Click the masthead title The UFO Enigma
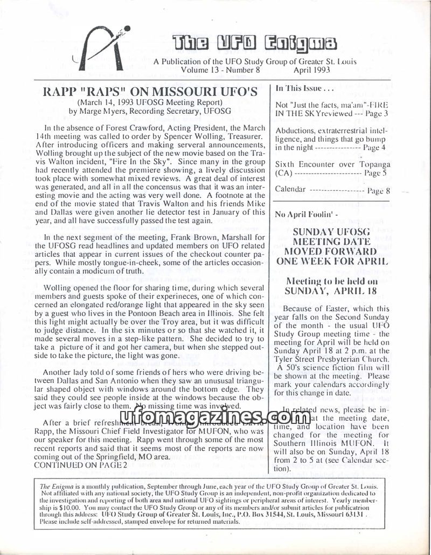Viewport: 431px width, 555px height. pyautogui.click(x=254, y=43)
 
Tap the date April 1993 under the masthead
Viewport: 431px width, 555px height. pyautogui.click(x=309, y=70)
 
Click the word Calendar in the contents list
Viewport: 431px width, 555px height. pyautogui.click(x=290, y=189)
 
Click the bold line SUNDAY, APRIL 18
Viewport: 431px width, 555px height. pyautogui.click(x=333, y=292)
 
